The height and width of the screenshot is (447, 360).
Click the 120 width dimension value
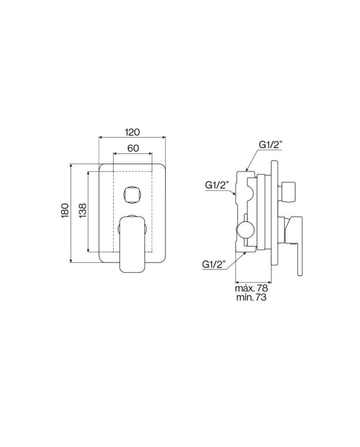point(132,132)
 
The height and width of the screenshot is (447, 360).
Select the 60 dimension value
point(132,148)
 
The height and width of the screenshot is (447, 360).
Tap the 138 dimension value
point(83,211)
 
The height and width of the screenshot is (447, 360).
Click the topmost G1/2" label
point(271,145)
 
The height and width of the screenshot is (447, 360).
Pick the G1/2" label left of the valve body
point(216,185)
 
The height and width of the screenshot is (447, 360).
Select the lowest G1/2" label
point(214,264)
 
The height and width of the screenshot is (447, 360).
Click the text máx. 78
point(251,288)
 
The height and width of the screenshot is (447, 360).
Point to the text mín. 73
point(251,297)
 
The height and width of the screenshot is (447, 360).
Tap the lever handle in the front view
point(132,242)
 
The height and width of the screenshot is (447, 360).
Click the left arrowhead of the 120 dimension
point(101,137)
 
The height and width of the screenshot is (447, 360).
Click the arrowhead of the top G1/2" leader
point(247,169)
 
